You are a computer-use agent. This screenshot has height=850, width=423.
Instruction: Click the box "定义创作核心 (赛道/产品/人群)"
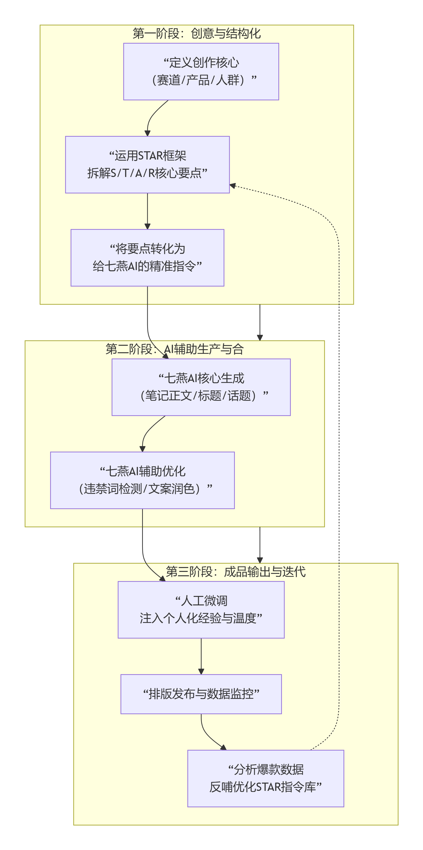click(201, 71)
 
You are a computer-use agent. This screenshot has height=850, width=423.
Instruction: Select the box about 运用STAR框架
click(147, 164)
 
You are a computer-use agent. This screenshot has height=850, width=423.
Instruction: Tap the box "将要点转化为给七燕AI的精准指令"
click(147, 257)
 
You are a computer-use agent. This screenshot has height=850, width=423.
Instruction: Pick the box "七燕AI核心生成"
click(201, 387)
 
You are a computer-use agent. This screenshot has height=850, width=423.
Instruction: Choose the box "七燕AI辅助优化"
click(142, 480)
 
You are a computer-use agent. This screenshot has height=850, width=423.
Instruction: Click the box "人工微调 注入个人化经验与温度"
click(201, 609)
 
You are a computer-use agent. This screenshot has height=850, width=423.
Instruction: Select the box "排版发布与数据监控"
click(201, 694)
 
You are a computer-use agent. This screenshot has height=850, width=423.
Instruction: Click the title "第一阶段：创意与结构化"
click(196, 33)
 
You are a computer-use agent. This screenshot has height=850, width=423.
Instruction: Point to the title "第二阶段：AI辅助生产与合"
click(174, 349)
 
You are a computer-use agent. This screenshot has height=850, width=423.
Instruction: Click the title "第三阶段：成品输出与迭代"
click(236, 571)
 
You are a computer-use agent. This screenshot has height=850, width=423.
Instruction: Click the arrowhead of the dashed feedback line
click(232, 186)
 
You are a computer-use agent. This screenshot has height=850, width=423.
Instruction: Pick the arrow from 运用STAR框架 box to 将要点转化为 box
click(147, 211)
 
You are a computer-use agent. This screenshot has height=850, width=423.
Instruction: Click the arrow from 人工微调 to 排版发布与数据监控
click(201, 656)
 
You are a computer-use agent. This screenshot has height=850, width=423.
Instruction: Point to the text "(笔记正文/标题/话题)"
click(198, 396)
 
